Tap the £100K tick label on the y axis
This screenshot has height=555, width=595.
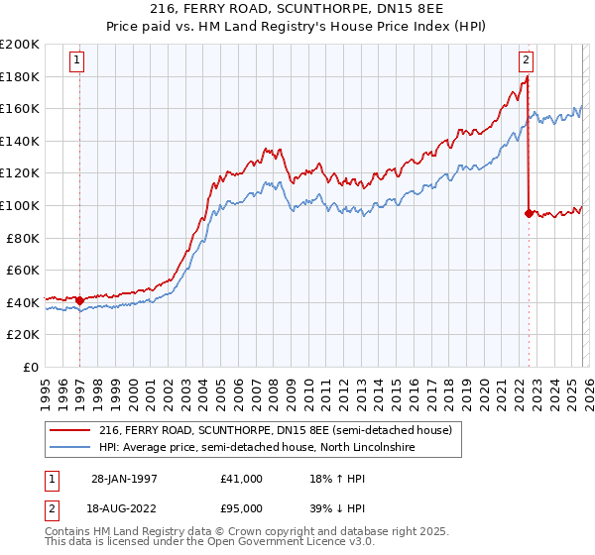[21, 205]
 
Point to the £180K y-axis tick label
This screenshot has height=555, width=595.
[21, 76]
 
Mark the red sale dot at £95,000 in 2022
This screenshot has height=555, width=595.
[528, 213]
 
